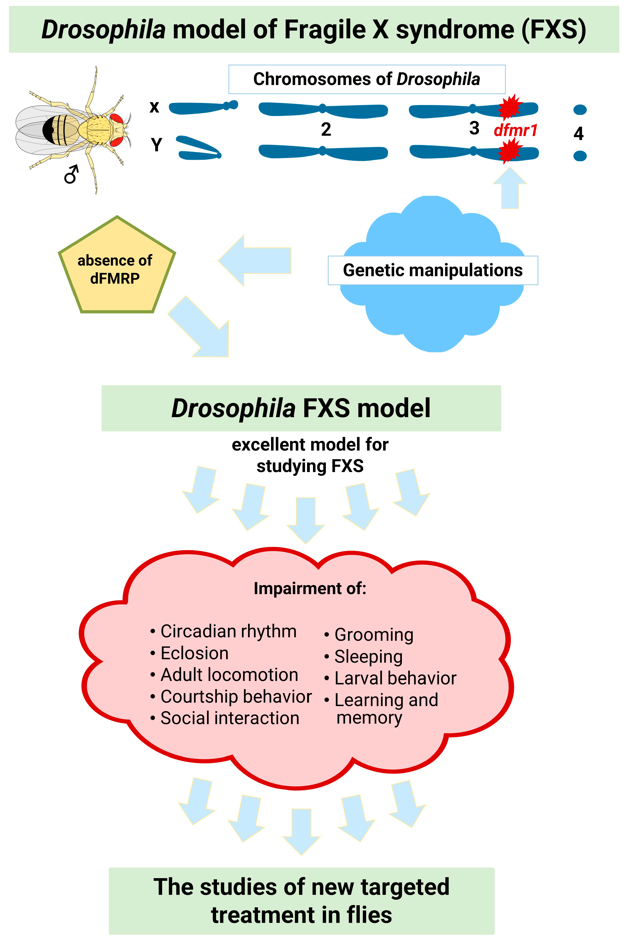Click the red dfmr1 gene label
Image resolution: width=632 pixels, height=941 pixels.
[x=515, y=130]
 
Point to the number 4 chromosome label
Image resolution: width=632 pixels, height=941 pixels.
[x=578, y=133]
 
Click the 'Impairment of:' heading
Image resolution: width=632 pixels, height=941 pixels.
[x=310, y=588]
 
